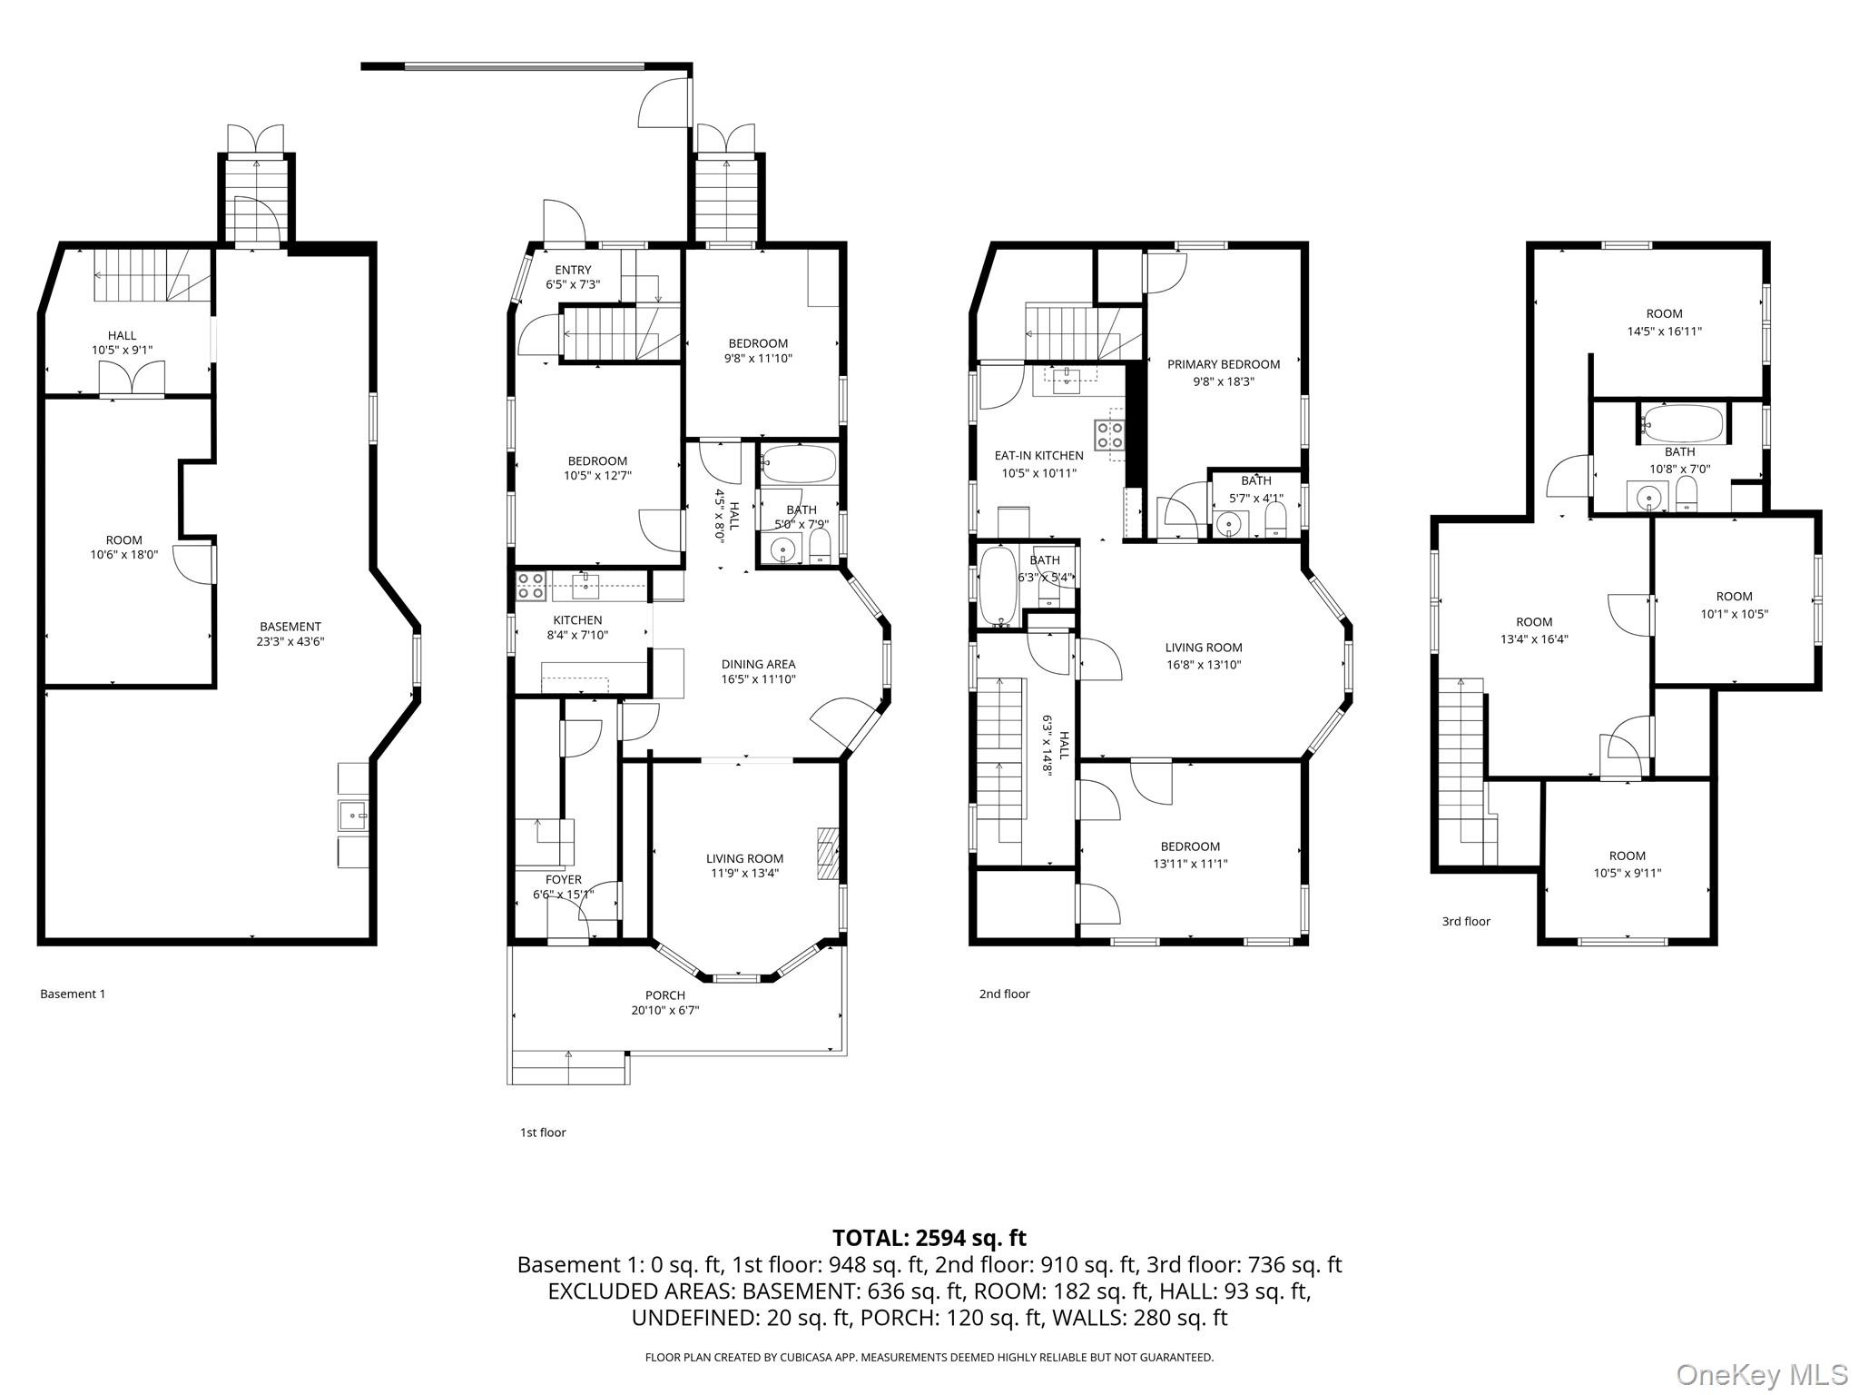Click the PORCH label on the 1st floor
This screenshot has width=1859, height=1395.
pyautogui.click(x=664, y=995)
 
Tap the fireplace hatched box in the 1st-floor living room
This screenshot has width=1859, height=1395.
pyautogui.click(x=827, y=853)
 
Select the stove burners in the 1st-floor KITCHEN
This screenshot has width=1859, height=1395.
pyautogui.click(x=530, y=586)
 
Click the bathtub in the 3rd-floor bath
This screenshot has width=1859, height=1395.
pyautogui.click(x=1683, y=423)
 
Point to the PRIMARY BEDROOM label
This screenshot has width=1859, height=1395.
pyautogui.click(x=1223, y=364)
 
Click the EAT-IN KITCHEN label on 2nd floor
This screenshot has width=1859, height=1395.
pyautogui.click(x=1038, y=456)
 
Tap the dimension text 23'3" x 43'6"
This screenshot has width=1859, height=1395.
pyautogui.click(x=290, y=641)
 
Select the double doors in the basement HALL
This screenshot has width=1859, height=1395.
pyautogui.click(x=132, y=378)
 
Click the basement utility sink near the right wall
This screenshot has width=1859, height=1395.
pyautogui.click(x=352, y=816)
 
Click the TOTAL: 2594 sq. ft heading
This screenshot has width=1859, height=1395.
pyautogui.click(x=929, y=1237)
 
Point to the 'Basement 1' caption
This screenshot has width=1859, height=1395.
pyautogui.click(x=73, y=994)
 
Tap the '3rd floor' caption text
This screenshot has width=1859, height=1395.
pyautogui.click(x=1466, y=921)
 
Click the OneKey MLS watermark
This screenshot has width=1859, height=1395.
pyautogui.click(x=1762, y=1374)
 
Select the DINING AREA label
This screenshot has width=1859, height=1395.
pyautogui.click(x=758, y=664)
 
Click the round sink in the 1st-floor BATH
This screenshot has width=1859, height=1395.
pyautogui.click(x=781, y=549)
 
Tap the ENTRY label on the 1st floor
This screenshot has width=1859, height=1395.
pyautogui.click(x=573, y=270)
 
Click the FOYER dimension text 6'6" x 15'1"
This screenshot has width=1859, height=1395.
pyautogui.click(x=563, y=895)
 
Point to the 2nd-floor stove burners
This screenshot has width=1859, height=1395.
pyautogui.click(x=1110, y=434)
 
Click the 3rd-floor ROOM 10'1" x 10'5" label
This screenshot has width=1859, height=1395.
pyautogui.click(x=1734, y=597)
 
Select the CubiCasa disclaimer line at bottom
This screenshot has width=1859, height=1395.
pyautogui.click(x=929, y=1357)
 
